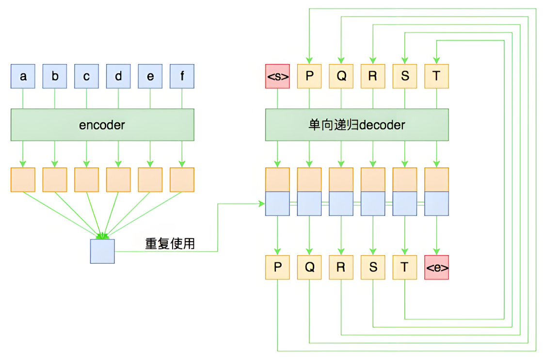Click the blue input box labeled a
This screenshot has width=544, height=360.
pyautogui.click(x=23, y=76)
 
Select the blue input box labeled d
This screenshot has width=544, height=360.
pyautogui.click(x=118, y=76)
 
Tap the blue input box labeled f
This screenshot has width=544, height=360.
pyautogui.click(x=182, y=76)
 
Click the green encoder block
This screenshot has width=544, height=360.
pyautogui.click(x=102, y=125)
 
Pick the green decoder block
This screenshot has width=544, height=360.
pyautogui.click(x=357, y=125)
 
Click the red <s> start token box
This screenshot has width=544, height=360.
pyautogui.click(x=277, y=76)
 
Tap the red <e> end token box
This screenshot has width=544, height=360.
pyautogui.click(x=436, y=267)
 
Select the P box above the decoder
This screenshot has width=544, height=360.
pyautogui.click(x=309, y=76)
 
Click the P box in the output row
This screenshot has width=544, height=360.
pyautogui.click(x=277, y=267)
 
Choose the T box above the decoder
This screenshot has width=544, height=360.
pyautogui.click(x=436, y=76)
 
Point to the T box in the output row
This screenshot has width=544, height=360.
pyautogui.click(x=404, y=267)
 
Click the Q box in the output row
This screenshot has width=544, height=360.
pyautogui.click(x=309, y=267)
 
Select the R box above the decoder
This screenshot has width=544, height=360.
pyautogui.click(x=373, y=76)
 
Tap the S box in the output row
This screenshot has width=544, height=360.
pyautogui.click(x=373, y=267)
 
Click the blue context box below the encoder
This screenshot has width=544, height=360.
pyautogui.click(x=102, y=251)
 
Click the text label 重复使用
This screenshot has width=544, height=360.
pyautogui.click(x=170, y=244)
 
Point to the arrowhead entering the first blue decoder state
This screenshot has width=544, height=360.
pyautogui.click(x=262, y=204)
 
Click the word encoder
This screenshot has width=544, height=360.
pyautogui.click(x=102, y=125)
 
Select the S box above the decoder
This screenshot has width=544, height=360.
pyautogui.click(x=404, y=76)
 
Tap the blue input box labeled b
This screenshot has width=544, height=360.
pyautogui.click(x=55, y=76)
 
